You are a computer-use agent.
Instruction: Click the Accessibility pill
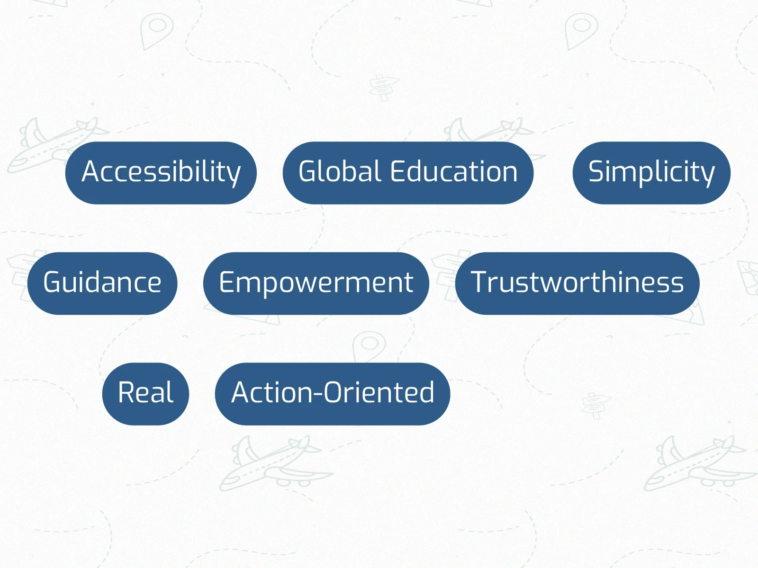(x=161, y=173)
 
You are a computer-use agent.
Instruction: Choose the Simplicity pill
(x=651, y=173)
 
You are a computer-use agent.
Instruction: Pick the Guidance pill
(x=102, y=283)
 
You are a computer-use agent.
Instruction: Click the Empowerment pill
(x=316, y=283)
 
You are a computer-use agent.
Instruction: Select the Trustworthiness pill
(x=577, y=283)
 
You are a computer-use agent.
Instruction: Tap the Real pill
(x=145, y=394)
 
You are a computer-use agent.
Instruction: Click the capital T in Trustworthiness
(x=480, y=282)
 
